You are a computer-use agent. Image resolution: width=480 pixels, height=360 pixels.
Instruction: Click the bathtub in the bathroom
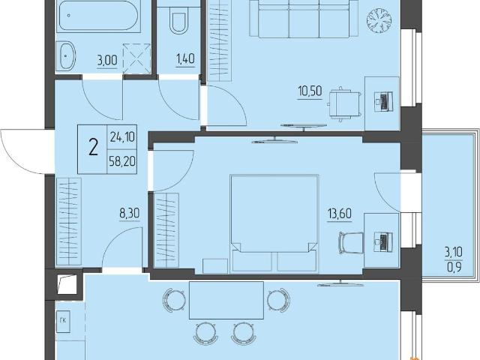[98, 16]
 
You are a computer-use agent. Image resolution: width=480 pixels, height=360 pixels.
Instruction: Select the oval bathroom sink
[65, 56]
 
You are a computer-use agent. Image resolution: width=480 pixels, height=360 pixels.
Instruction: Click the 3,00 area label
[106, 60]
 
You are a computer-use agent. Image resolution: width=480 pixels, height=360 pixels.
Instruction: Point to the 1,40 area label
[185, 58]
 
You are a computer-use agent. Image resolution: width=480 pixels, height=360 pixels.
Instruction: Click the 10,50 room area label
[310, 91]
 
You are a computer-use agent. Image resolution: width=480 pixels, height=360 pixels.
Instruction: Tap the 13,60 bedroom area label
[340, 213]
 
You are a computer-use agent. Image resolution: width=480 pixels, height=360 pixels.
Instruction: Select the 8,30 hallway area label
[130, 213]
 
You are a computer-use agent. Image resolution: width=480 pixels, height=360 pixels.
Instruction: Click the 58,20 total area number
[122, 160]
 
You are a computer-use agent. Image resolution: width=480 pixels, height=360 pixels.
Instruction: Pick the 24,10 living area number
[122, 137]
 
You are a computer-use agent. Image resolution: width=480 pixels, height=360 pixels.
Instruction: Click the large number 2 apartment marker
[93, 147]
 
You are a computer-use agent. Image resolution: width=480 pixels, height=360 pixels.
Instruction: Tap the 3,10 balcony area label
[454, 253]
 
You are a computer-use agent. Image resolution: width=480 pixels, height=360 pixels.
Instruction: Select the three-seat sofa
[304, 17]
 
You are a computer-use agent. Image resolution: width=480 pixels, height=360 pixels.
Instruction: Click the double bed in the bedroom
[274, 223]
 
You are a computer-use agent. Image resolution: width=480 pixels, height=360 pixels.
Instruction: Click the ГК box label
[63, 320]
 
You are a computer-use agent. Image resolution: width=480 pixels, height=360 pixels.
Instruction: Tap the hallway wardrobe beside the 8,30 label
[69, 221]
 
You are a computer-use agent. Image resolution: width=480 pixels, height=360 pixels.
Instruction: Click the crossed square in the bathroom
[136, 58]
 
